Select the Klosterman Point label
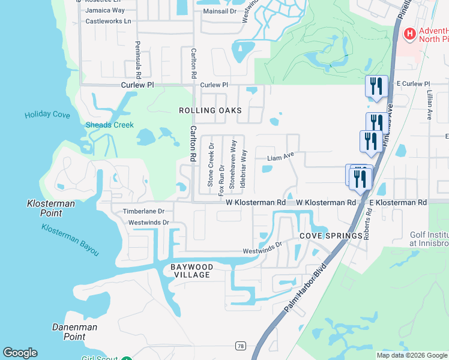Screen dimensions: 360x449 point(51,208)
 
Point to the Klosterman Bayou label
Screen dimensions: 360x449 point(70,240)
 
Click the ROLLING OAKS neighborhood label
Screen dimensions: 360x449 point(210,110)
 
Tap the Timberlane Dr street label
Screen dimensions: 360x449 point(143,211)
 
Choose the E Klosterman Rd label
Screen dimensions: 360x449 point(397,203)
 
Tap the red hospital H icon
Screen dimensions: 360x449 point(410,34)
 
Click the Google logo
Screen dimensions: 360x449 point(20,353)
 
